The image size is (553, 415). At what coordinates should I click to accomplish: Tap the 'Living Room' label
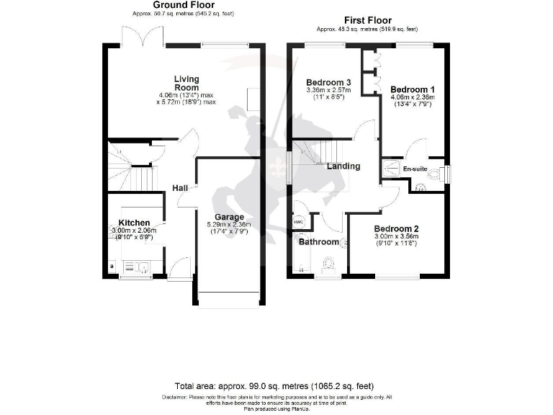pos(186,84)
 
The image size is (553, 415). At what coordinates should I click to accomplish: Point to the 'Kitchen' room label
pos(134,223)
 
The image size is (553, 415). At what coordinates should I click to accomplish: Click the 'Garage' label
pos(230,217)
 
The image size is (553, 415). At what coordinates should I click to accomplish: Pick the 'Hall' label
pos(180,188)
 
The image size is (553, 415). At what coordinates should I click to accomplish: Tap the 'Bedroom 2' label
pos(396,228)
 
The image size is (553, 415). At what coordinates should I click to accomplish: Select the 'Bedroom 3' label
pos(328,81)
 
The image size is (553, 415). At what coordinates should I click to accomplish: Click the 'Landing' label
pos(343,166)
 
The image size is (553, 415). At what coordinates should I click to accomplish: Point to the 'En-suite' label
pos(415,169)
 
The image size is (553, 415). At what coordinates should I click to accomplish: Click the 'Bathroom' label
pos(319,242)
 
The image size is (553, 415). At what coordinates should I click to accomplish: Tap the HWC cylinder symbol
pos(299,222)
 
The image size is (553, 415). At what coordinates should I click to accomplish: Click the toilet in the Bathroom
pos(331,264)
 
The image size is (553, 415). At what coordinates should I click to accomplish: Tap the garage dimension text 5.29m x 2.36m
pos(230,224)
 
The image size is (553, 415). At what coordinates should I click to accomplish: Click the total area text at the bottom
pos(274,386)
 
